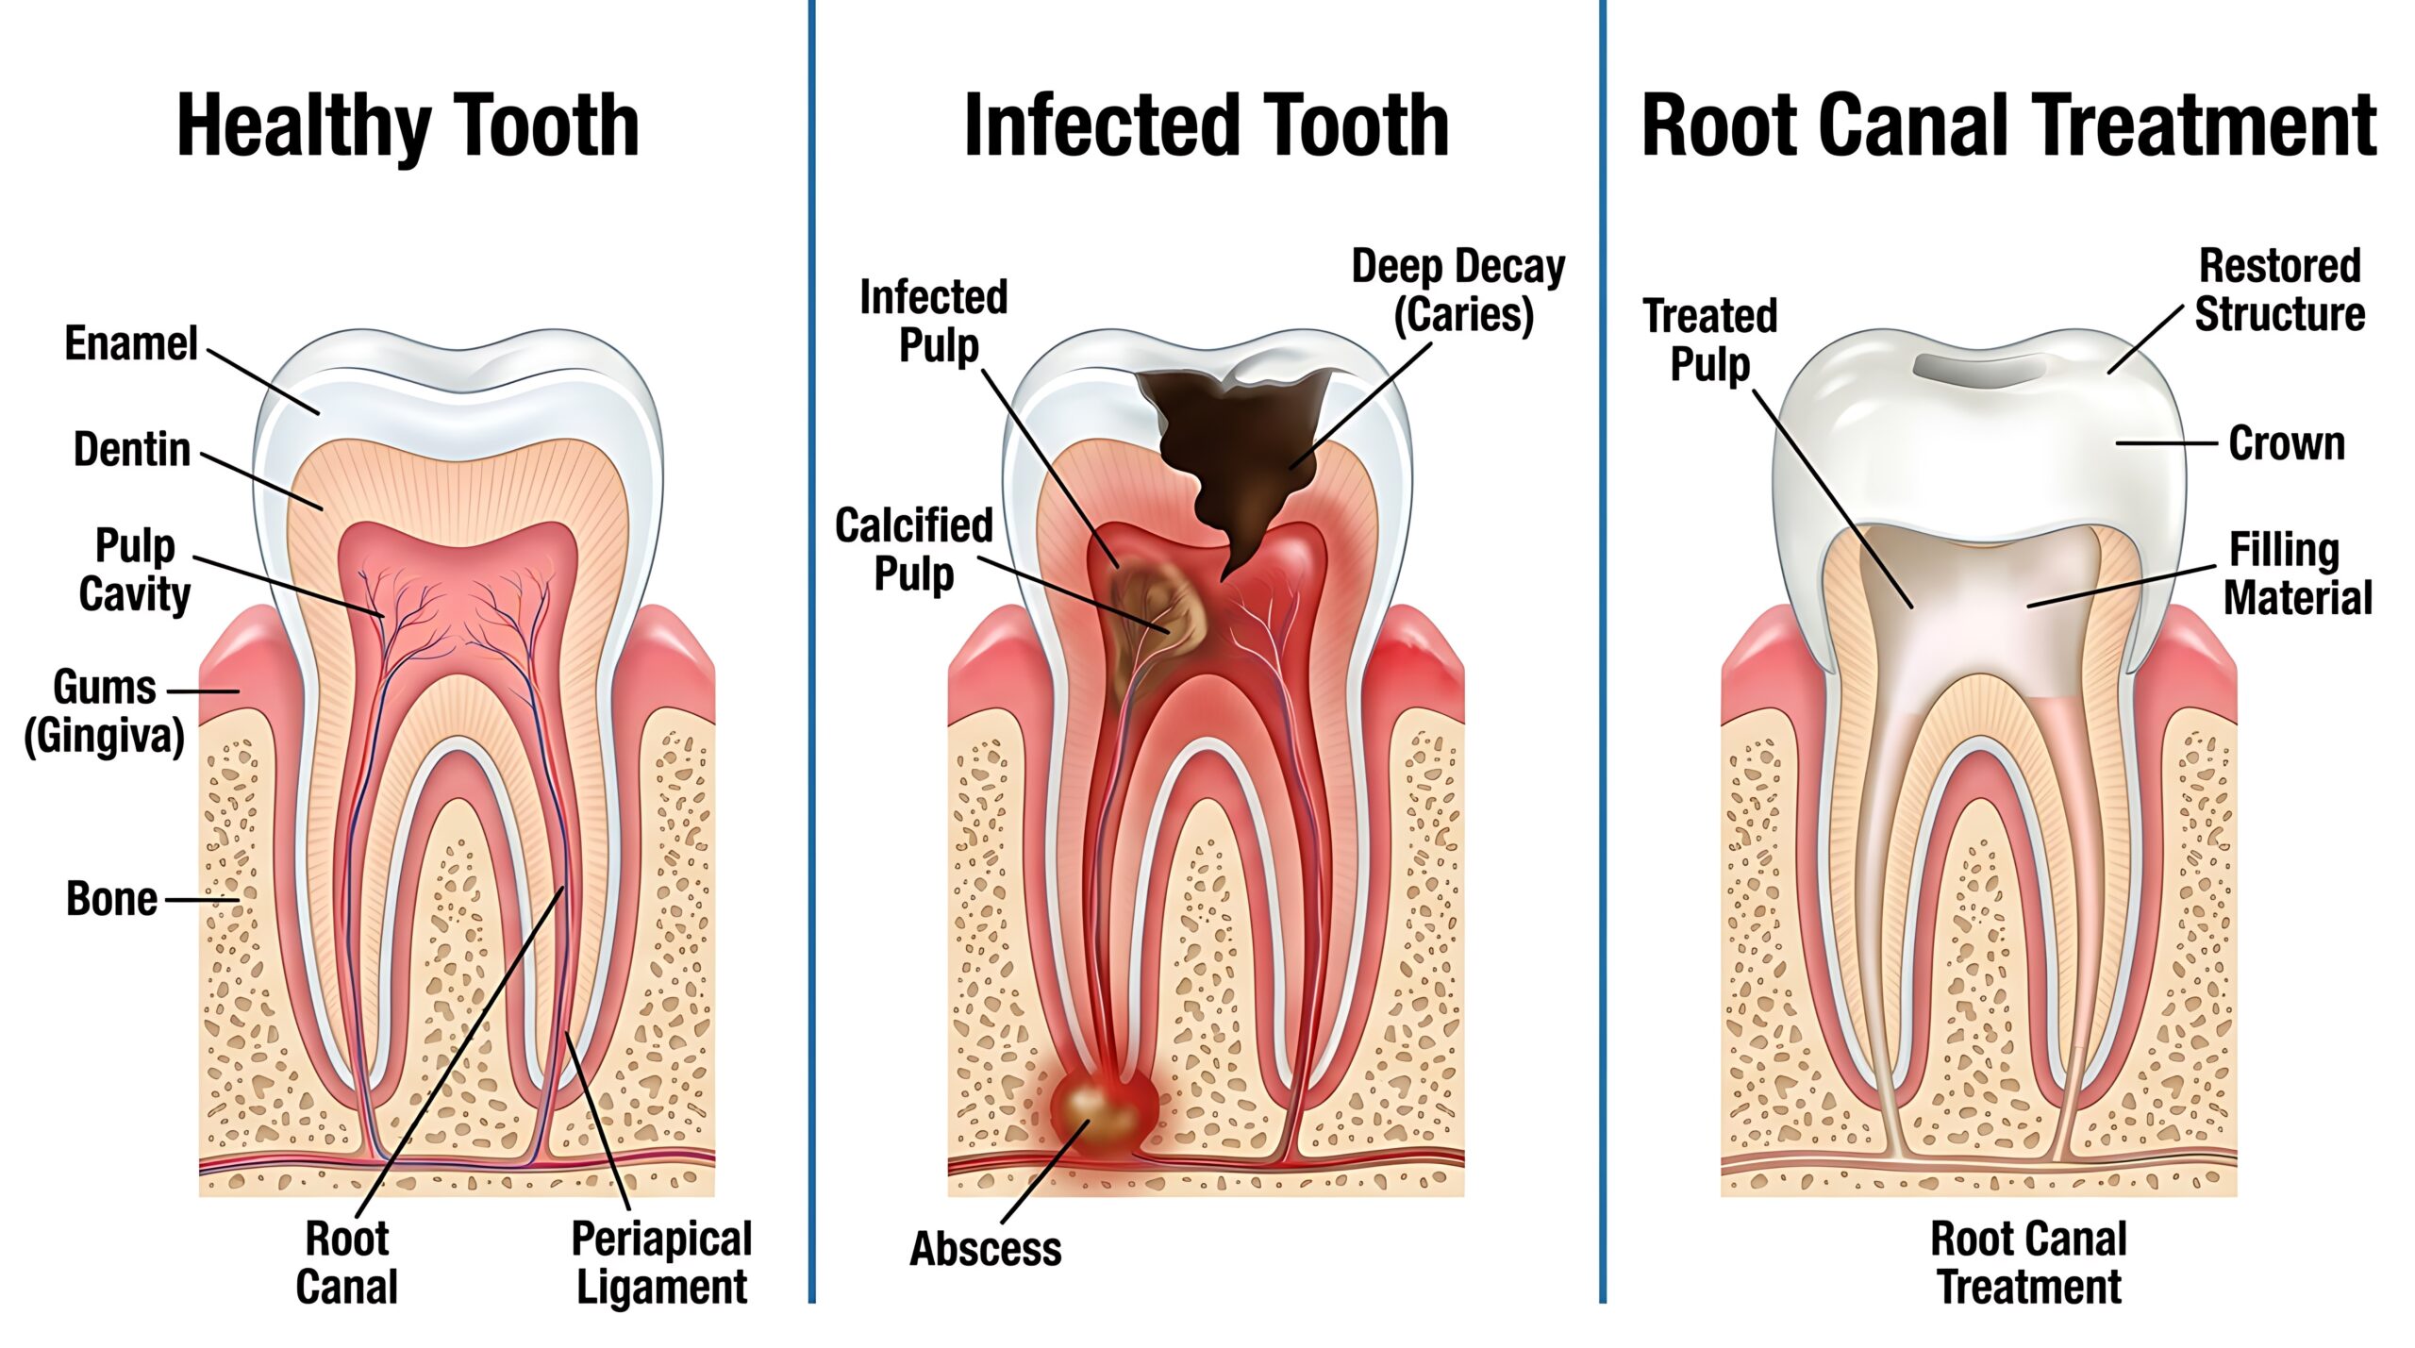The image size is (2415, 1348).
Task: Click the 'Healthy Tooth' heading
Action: [408, 125]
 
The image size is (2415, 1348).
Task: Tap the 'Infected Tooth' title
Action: [1207, 125]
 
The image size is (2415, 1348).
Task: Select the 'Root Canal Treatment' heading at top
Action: [2008, 125]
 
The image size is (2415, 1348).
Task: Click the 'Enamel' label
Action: [131, 342]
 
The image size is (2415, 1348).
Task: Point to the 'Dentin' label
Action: [132, 449]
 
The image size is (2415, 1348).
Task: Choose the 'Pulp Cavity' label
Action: [135, 570]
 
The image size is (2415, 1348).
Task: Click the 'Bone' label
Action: [111, 899]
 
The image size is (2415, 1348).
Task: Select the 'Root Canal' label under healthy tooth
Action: [346, 1262]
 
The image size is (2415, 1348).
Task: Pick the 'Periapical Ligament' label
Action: [661, 1263]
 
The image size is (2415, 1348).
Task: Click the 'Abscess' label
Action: [986, 1249]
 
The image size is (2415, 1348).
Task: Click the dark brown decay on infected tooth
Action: [1236, 453]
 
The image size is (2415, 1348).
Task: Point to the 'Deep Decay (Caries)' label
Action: [1458, 291]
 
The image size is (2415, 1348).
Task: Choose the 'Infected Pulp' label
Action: [934, 321]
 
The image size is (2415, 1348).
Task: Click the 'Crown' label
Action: [2287, 442]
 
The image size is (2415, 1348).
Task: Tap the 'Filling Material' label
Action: [2297, 574]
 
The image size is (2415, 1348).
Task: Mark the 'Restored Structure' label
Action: [2279, 290]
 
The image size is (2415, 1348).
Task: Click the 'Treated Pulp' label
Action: [1710, 341]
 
